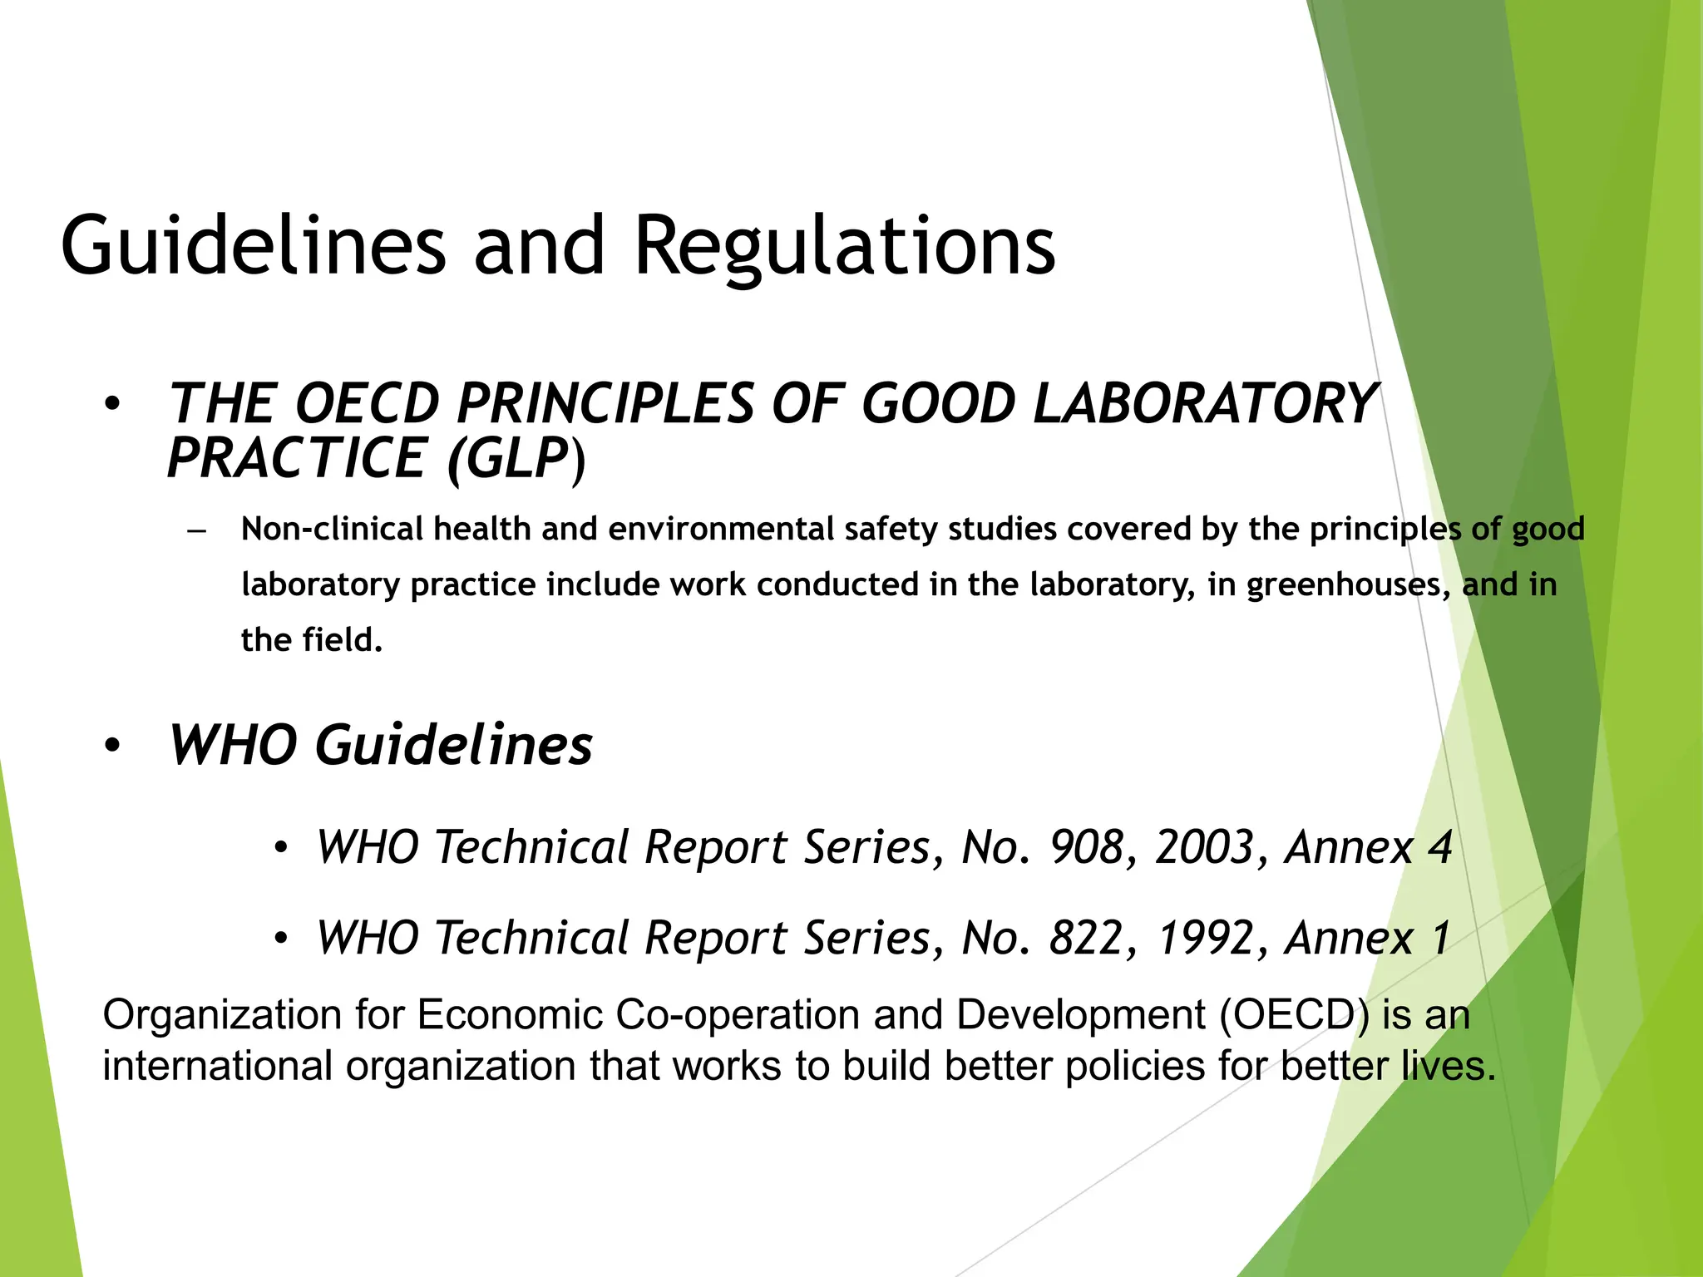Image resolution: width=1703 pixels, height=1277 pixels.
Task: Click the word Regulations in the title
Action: [x=844, y=246]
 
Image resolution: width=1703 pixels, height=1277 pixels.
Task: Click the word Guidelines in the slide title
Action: [x=254, y=246]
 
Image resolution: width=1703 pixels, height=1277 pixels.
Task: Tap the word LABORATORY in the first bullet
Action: [x=1203, y=404]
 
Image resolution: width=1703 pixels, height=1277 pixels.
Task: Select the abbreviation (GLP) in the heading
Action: [x=516, y=458]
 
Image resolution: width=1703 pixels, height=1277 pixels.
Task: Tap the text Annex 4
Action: [x=1369, y=847]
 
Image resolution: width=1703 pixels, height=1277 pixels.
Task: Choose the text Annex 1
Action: [x=1369, y=938]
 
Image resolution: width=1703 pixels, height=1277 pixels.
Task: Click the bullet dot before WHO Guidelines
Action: [x=113, y=746]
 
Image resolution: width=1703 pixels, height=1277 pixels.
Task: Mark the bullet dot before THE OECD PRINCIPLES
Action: [x=113, y=405]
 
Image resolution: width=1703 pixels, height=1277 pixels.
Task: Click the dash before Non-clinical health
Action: [x=197, y=530]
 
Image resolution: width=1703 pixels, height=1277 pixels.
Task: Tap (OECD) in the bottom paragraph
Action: [x=1295, y=1015]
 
